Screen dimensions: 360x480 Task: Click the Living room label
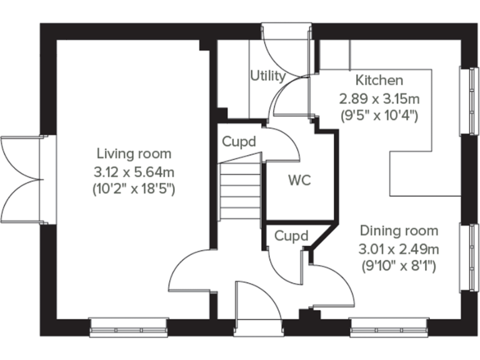(133, 154)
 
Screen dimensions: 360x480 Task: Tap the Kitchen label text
(379, 81)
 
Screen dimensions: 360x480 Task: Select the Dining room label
(398, 231)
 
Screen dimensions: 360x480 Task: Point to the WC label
(299, 181)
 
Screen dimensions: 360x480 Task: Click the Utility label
(267, 76)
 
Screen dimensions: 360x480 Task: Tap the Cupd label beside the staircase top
(239, 142)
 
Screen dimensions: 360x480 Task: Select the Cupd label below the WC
(292, 236)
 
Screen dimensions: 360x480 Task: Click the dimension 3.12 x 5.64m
(133, 171)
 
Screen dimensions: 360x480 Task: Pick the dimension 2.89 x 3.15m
(379, 98)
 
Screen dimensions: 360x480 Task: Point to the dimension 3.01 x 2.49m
(398, 249)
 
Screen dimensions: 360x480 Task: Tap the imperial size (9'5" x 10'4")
(379, 115)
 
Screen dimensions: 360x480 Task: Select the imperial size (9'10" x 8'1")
(398, 266)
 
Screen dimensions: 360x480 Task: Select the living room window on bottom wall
(129, 326)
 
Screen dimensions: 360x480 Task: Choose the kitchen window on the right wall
(467, 100)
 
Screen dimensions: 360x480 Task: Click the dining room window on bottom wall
(389, 326)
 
